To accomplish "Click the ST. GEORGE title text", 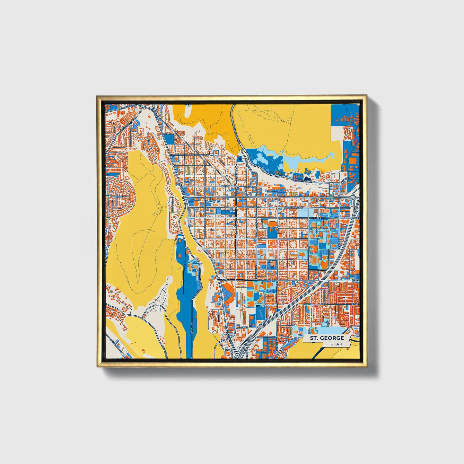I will coord(327,338).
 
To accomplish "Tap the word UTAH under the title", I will coord(336,344).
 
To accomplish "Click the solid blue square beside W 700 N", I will coord(170,139).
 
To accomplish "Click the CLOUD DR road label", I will coord(191,328).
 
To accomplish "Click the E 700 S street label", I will coord(355,281).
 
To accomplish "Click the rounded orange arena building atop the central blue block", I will coord(272,224).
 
